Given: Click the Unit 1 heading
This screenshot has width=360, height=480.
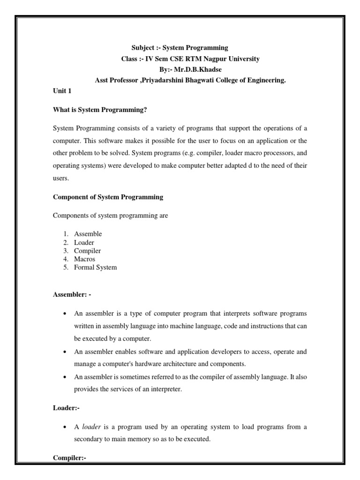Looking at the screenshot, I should click(x=61, y=92).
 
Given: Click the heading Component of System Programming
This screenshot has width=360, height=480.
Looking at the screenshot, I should click(x=108, y=197).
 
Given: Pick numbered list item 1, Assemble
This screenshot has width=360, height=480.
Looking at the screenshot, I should click(x=88, y=233).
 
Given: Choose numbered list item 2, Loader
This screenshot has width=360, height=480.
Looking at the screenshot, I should click(x=84, y=242).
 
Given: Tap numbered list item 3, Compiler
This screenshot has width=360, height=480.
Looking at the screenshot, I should click(x=87, y=251).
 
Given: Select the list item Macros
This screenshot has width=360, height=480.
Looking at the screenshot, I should click(x=84, y=259).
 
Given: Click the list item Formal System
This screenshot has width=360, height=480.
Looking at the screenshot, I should click(x=95, y=268).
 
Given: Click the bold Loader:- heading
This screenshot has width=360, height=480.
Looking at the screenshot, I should click(x=66, y=407).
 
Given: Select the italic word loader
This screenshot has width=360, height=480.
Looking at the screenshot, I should click(x=91, y=427).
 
